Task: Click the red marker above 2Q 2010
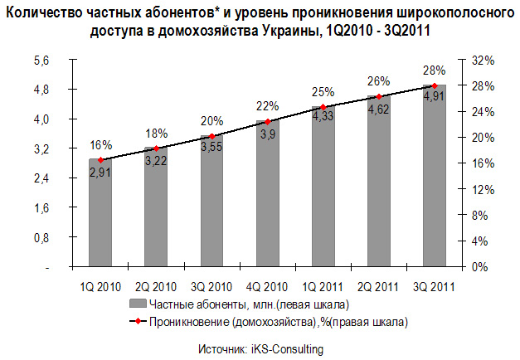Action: [156, 148]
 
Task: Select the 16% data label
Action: [100, 144]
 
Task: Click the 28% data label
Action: [434, 71]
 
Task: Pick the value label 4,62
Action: [379, 109]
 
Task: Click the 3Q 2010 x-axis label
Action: [212, 286]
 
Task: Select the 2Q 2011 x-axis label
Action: [379, 286]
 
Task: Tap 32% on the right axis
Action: [483, 61]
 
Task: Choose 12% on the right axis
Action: [483, 190]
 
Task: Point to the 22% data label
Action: [267, 106]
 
